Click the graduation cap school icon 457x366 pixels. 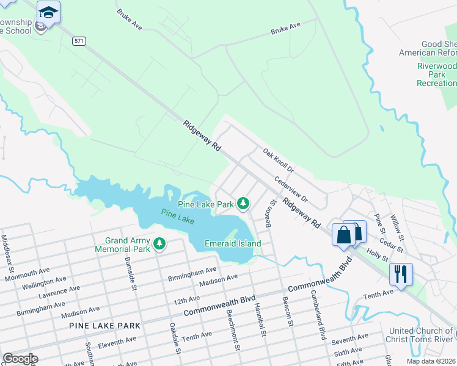pyautogui.click(x=48, y=12)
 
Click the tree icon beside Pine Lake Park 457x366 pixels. pyautogui.click(x=243, y=203)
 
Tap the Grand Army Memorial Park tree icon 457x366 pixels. pyautogui.click(x=159, y=244)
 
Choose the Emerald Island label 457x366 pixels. pyautogui.click(x=233, y=243)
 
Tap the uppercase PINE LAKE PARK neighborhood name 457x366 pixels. pyautogui.click(x=104, y=326)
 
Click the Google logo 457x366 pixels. pyautogui.click(x=20, y=359)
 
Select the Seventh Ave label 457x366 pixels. pyautogui.click(x=350, y=337)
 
